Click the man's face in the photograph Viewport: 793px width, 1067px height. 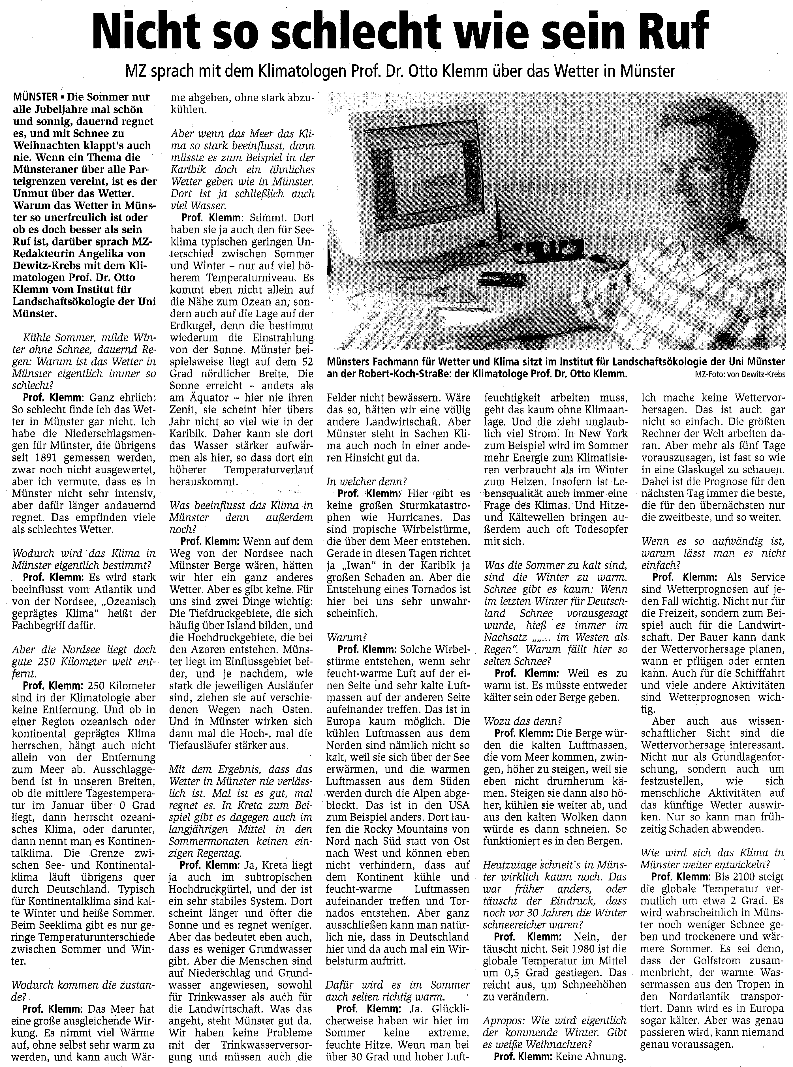(687, 159)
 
